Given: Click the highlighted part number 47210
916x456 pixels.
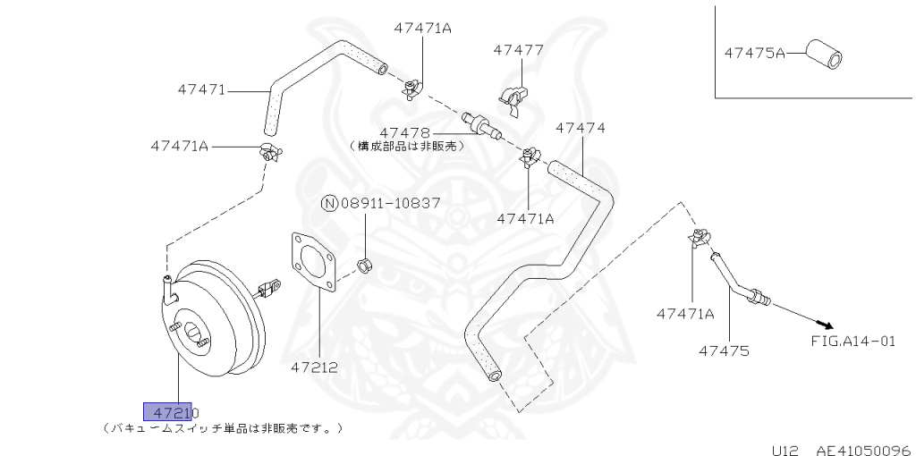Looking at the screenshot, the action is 168,411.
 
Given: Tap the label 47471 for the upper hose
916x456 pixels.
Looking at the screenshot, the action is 201,89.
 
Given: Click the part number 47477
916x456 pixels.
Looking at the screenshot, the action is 518,49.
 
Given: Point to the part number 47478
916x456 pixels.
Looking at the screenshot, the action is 404,131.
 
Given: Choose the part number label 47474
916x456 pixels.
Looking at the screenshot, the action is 580,128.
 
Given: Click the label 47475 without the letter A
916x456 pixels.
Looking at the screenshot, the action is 724,350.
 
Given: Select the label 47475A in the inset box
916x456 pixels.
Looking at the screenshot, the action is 754,53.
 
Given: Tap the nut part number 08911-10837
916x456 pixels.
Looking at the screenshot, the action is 389,203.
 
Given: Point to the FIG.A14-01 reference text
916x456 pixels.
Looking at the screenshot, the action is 852,341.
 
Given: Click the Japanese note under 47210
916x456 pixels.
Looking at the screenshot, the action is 223,428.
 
